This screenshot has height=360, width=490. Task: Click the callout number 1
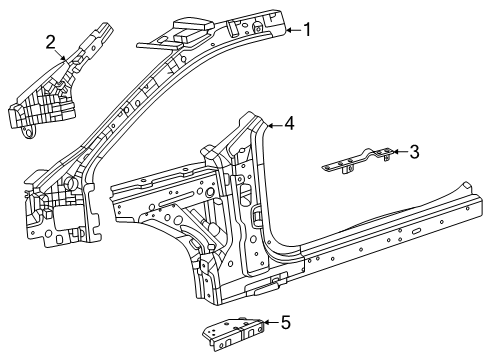307,30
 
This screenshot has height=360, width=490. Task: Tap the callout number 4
289,124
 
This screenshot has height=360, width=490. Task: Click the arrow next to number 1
290,31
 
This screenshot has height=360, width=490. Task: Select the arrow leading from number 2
64,55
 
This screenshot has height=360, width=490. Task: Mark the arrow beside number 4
273,125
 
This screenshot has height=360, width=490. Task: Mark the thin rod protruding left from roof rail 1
150,41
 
